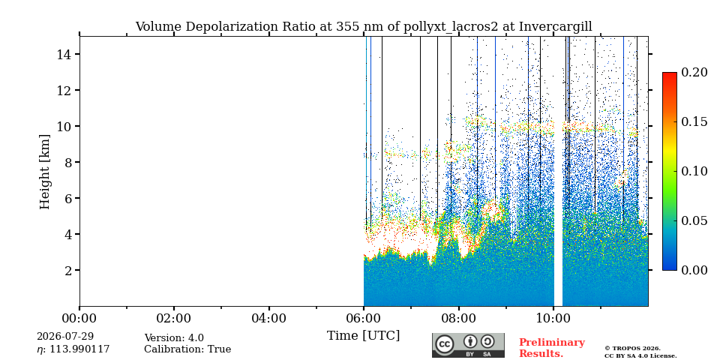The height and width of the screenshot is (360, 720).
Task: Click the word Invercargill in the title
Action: [556, 27]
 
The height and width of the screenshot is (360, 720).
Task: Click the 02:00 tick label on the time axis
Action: [174, 318]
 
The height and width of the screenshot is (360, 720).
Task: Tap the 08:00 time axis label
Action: [458, 318]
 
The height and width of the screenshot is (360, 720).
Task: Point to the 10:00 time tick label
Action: [553, 318]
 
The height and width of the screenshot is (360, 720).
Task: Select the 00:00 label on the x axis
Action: [79, 318]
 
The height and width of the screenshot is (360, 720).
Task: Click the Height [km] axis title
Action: [44, 172]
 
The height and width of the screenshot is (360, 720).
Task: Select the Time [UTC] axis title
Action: [363, 336]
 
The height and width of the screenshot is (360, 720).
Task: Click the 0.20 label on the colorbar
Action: [694, 72]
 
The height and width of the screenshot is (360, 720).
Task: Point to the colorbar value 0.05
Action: [694, 220]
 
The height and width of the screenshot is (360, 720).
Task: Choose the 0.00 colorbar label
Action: [694, 270]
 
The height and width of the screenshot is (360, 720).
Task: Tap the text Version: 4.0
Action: [174, 338]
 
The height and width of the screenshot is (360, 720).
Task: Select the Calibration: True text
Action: [187, 349]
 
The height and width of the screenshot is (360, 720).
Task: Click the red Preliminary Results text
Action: [552, 348]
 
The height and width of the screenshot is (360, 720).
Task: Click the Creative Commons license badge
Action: [468, 345]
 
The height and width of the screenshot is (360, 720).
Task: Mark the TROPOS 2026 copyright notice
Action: [632, 349]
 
